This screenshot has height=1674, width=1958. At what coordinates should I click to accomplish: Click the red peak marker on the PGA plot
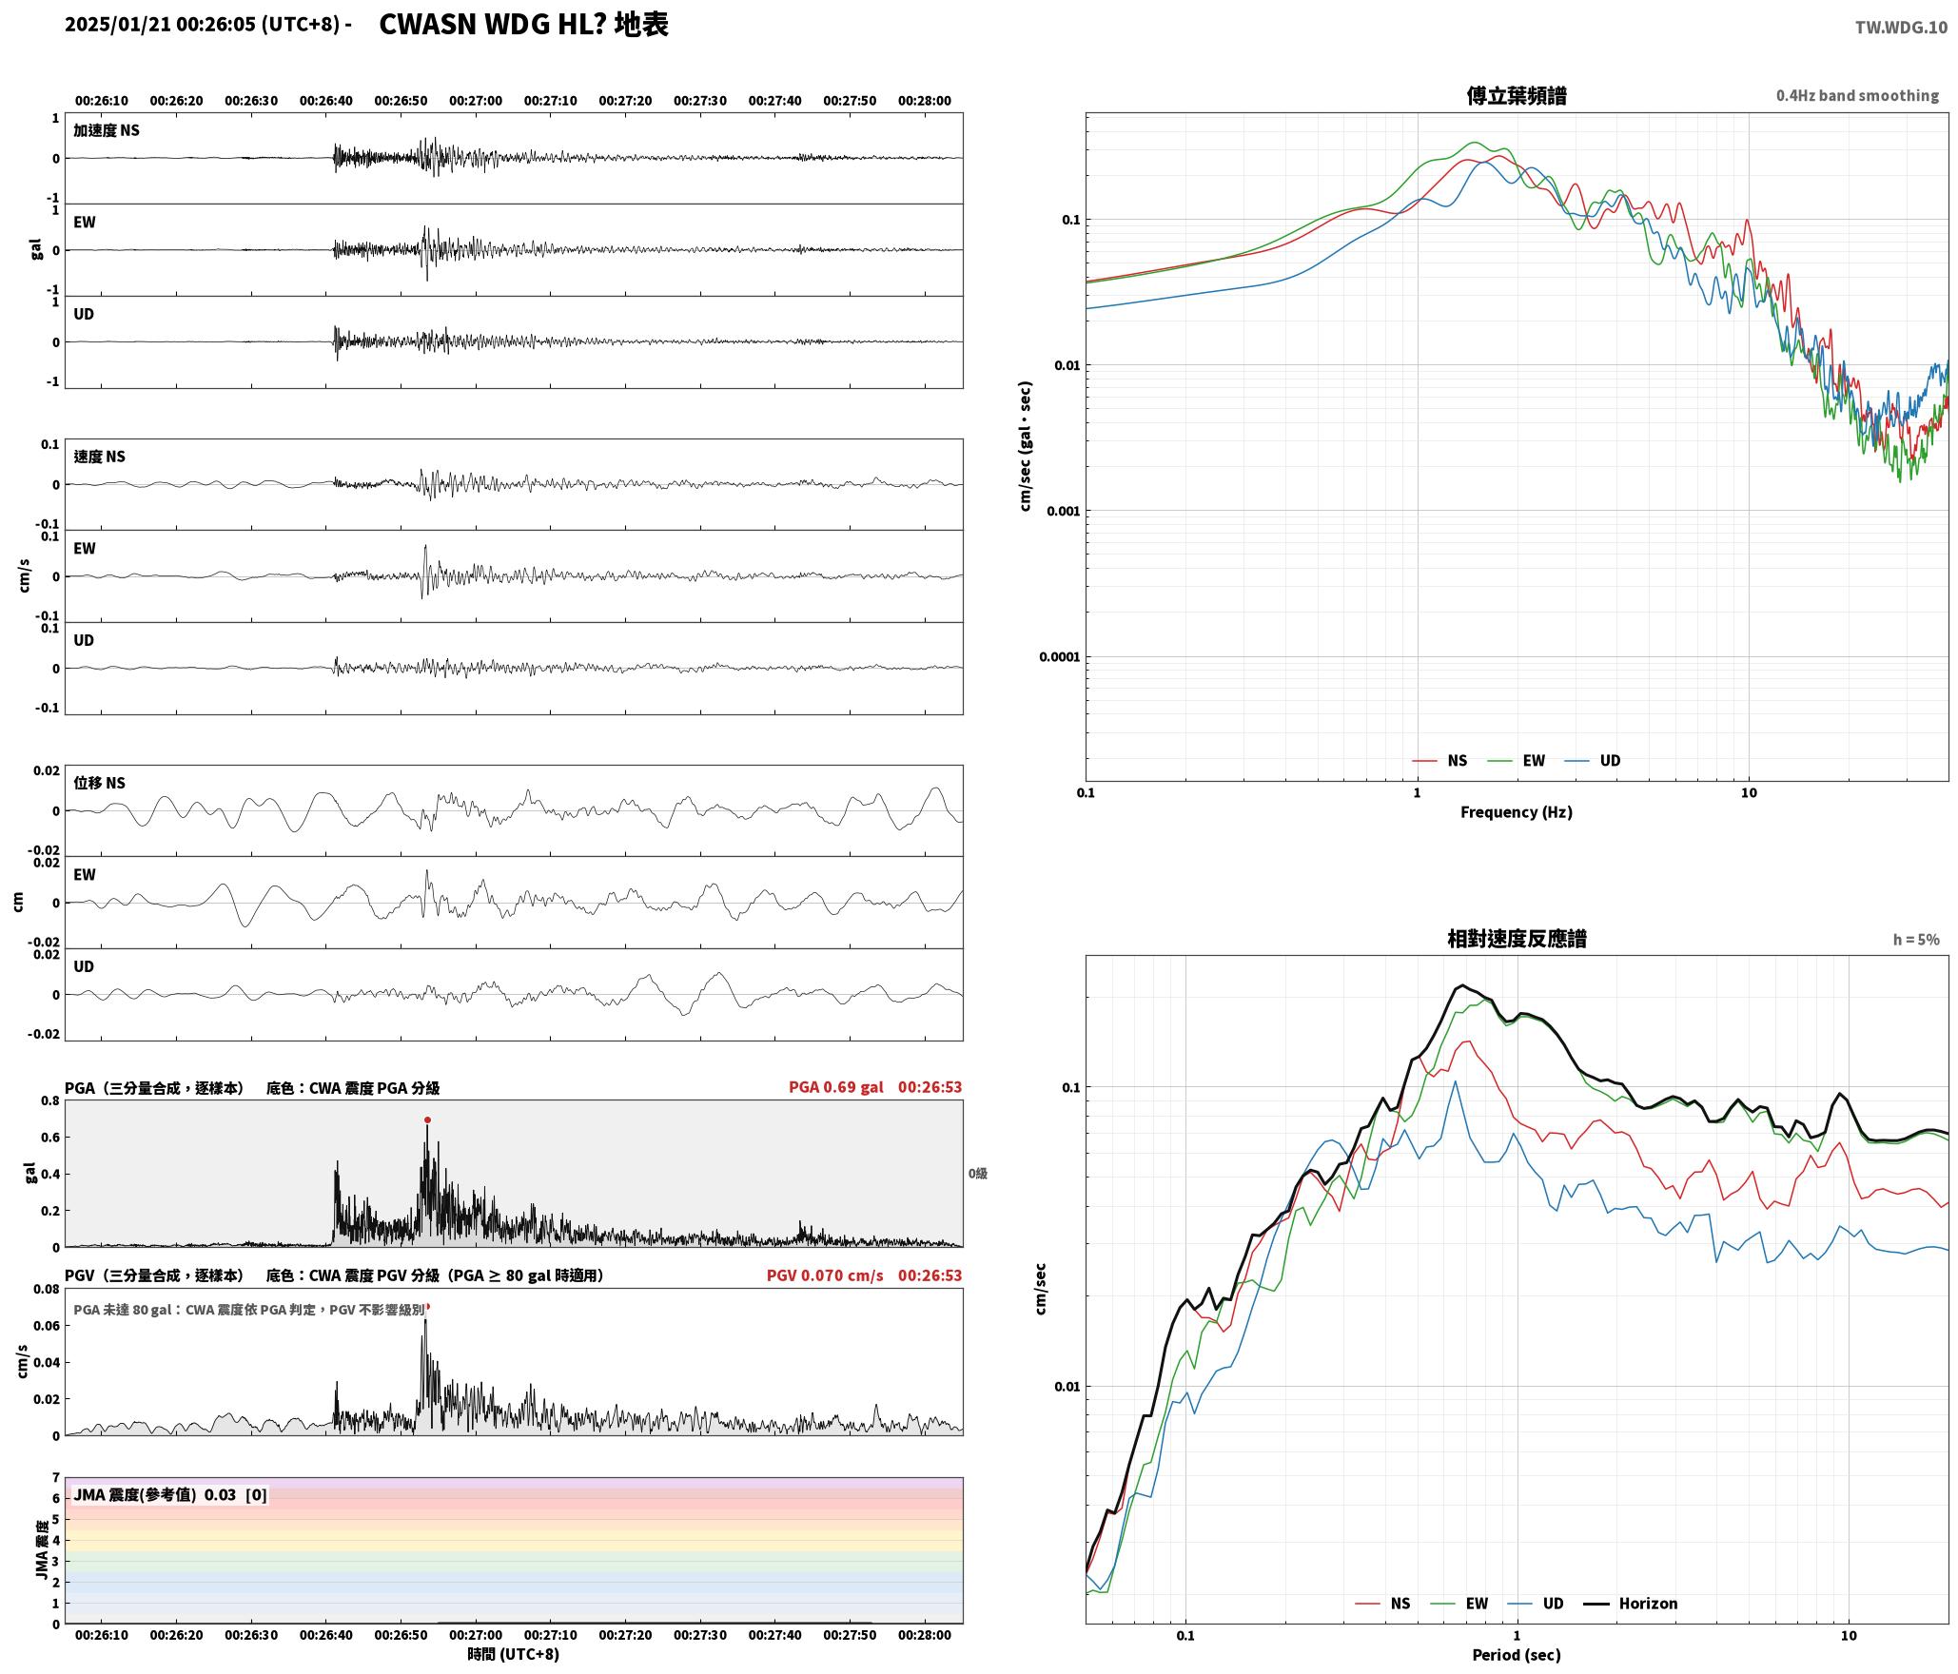pyautogui.click(x=427, y=1119)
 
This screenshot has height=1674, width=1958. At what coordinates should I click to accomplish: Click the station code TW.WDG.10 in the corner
pyautogui.click(x=1901, y=28)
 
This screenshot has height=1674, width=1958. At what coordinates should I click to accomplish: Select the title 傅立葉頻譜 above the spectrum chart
pyautogui.click(x=1517, y=95)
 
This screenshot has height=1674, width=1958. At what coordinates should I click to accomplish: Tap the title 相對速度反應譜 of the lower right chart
pyautogui.click(x=1517, y=939)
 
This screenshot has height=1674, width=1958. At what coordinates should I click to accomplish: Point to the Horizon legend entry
pyautogui.click(x=1631, y=1603)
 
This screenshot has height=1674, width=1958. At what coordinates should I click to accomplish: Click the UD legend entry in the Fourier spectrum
pyautogui.click(x=1593, y=760)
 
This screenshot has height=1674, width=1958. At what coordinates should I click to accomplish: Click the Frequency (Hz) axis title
pyautogui.click(x=1517, y=811)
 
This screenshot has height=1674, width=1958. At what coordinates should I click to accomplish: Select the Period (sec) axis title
pyautogui.click(x=1517, y=1655)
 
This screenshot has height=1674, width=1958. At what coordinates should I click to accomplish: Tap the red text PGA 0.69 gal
pyautogui.click(x=836, y=1087)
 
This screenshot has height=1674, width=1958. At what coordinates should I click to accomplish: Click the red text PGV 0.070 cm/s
pyautogui.click(x=825, y=1275)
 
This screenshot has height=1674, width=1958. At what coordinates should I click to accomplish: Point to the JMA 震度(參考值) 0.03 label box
pyautogui.click(x=170, y=1494)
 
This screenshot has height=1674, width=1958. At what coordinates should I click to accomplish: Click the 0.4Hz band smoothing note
pyautogui.click(x=1857, y=95)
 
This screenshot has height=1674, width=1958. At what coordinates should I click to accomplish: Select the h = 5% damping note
pyautogui.click(x=1916, y=940)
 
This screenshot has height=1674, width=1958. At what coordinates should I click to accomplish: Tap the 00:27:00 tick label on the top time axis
pyautogui.click(x=476, y=100)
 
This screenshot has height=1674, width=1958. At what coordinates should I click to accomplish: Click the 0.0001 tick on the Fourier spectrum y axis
pyautogui.click(x=1059, y=656)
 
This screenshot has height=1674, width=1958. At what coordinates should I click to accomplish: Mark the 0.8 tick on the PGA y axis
pyautogui.click(x=49, y=1101)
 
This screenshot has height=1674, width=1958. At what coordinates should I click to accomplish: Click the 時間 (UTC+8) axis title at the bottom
pyautogui.click(x=513, y=1654)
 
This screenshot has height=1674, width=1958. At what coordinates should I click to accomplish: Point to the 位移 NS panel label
pyautogui.click(x=100, y=783)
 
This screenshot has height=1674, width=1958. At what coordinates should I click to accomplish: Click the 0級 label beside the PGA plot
pyautogui.click(x=978, y=1174)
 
